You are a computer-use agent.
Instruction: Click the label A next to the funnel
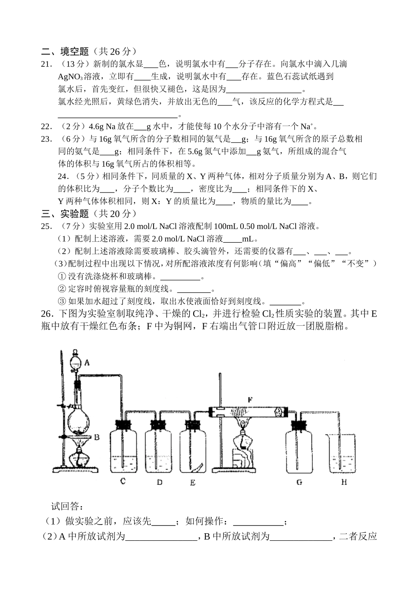pos(87,363)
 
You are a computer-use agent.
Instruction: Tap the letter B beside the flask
pos(97,437)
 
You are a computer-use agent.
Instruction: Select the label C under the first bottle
pos(123,481)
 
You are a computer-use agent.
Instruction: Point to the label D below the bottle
pos(159,482)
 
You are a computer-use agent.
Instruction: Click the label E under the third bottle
pos(193,482)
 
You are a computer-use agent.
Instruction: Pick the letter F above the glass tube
pos(250,400)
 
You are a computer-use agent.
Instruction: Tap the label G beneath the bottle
pos(299,482)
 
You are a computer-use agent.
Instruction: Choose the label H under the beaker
pos(344,482)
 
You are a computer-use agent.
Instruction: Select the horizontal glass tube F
pos(249,412)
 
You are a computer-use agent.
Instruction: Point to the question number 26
pos(46,314)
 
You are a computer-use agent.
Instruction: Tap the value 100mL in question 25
pos(225,226)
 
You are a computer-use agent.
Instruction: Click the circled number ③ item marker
pos(62,302)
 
